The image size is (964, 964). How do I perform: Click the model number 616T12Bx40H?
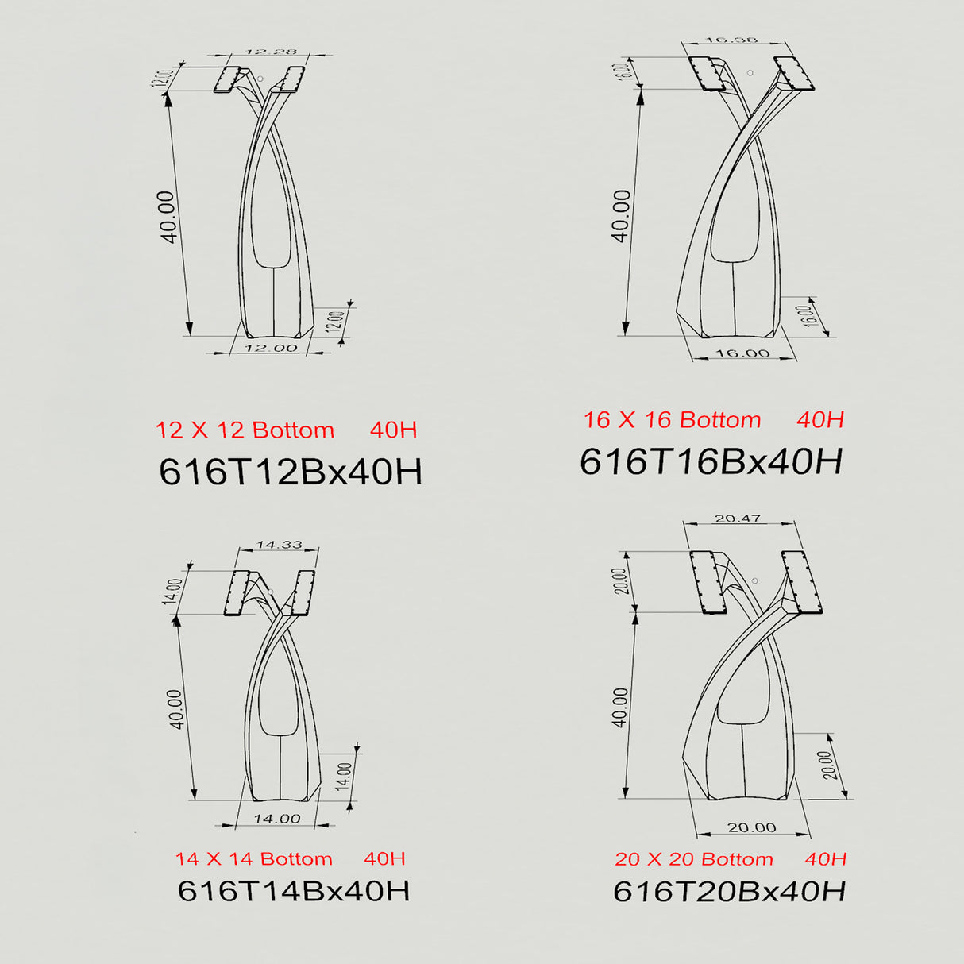click(x=291, y=471)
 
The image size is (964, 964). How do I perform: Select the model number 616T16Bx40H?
click(x=711, y=461)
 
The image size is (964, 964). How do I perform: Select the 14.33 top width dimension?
click(x=280, y=544)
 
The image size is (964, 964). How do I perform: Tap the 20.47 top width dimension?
click(x=738, y=519)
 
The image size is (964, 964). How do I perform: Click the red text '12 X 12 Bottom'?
click(x=245, y=430)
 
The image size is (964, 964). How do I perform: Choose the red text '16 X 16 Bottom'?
click(x=673, y=420)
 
